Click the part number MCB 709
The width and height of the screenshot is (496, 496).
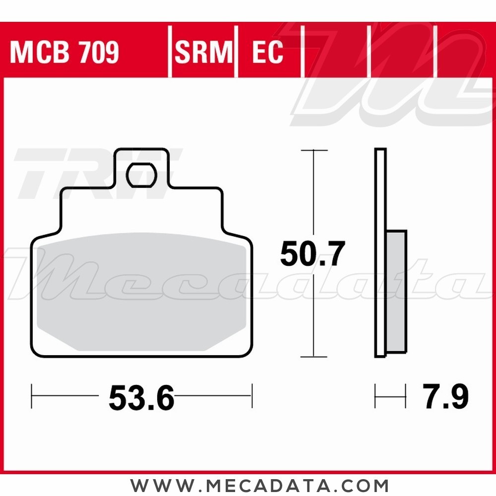[x=64, y=53]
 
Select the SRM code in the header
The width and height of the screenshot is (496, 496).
[x=203, y=53]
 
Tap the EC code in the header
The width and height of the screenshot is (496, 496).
[x=268, y=53]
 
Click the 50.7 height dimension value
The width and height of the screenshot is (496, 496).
[x=312, y=254]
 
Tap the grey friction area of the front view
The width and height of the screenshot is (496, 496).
[x=141, y=293]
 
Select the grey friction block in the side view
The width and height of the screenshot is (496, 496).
[x=396, y=293]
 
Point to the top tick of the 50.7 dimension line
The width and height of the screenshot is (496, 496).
[x=313, y=150]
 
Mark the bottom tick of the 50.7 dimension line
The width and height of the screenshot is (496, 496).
[x=313, y=357]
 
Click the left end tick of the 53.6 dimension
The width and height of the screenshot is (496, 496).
[x=32, y=396]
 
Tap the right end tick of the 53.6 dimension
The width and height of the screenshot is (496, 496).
[x=252, y=396]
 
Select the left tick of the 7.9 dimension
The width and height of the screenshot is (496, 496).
[x=375, y=396]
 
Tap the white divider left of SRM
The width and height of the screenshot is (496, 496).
[x=170, y=53]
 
